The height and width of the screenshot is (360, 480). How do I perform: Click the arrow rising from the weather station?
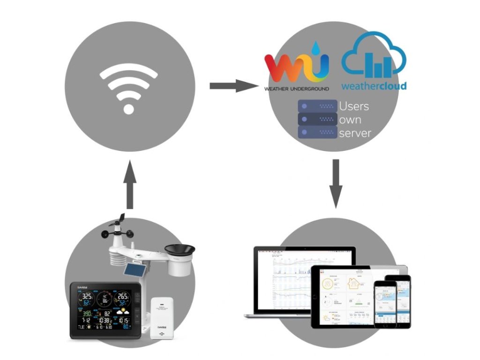130,186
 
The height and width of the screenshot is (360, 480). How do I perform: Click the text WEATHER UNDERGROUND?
297,88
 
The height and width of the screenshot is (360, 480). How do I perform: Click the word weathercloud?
374,86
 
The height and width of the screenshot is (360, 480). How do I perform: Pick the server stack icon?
317,119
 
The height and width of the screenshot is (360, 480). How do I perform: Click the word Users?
354,106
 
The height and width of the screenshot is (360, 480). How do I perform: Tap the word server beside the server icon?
355,133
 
